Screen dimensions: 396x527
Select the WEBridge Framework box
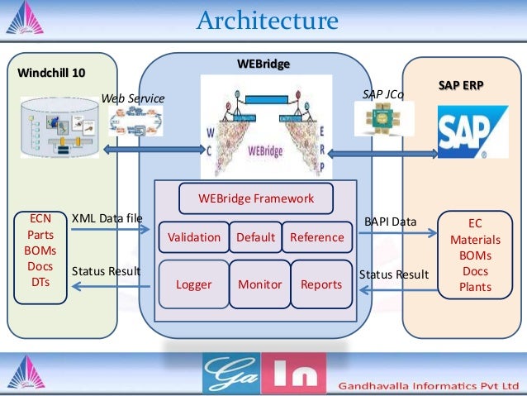[256, 198]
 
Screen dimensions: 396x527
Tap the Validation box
[193, 237]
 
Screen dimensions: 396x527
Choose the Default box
[255, 237]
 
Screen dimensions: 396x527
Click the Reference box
[316, 237]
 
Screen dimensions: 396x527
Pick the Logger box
[193, 284]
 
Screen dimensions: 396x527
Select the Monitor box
[259, 284]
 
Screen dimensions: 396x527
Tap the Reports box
[321, 284]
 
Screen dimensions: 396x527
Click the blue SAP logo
[462, 132]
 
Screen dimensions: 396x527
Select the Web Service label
[133, 99]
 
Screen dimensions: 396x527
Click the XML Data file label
[107, 217]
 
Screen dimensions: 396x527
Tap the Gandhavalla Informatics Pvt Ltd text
[428, 385]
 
